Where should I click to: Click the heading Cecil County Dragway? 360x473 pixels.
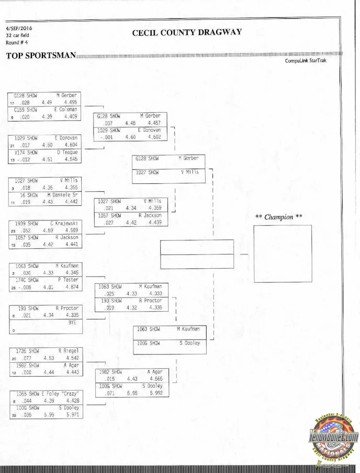pyautogui.click(x=187, y=32)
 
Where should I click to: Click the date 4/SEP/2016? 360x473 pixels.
pyautogui.click(x=19, y=28)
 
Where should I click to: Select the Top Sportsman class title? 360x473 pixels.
pyautogui.click(x=41, y=56)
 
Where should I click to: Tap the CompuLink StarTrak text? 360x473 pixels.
pyautogui.click(x=306, y=61)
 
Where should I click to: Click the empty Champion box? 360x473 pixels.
pyautogui.click(x=282, y=254)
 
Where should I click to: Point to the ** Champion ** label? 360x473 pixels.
pyautogui.click(x=278, y=217)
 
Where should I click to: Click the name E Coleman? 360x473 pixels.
pyautogui.click(x=66, y=109)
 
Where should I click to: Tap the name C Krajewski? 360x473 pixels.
pyautogui.click(x=64, y=223)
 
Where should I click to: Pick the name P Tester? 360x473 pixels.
pyautogui.click(x=67, y=280)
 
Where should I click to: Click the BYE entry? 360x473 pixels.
pyautogui.click(x=72, y=323)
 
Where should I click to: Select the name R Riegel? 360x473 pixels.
pyautogui.click(x=67, y=351)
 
